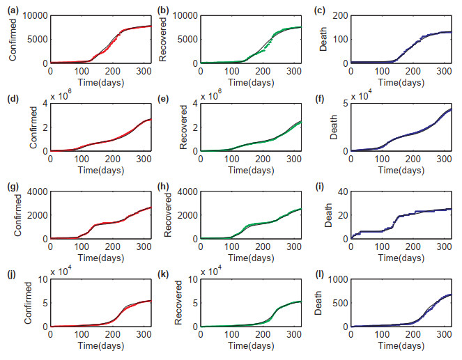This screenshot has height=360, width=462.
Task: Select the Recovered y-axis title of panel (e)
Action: (x=164, y=127)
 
